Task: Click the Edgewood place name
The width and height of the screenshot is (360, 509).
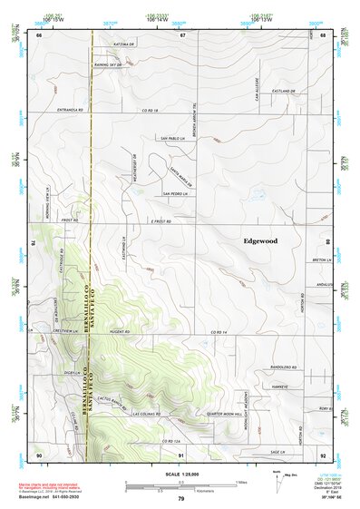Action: coord(260,241)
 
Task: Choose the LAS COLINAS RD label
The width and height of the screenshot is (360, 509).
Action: coord(146,413)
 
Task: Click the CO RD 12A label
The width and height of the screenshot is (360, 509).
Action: coord(173,440)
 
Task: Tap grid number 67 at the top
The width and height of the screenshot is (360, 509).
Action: coord(181,34)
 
